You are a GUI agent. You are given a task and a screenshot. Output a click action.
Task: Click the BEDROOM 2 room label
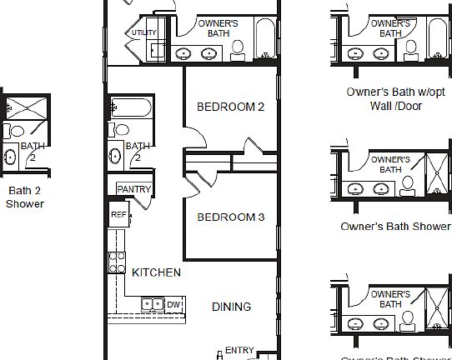230,107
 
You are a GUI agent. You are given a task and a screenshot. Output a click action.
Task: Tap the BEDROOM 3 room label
230,217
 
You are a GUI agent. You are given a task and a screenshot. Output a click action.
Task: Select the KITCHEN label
156,272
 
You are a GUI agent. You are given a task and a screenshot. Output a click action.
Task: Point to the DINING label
231,307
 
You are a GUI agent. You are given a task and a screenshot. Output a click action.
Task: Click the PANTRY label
133,189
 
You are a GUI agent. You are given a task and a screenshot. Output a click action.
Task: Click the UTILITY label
143,33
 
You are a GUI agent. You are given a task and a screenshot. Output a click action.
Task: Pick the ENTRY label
239,351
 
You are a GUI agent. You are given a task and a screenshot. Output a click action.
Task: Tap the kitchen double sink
152,304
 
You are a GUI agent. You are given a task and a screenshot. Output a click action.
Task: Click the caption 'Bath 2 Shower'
25,196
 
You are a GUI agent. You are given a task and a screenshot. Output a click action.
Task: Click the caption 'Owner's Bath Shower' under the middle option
395,226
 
